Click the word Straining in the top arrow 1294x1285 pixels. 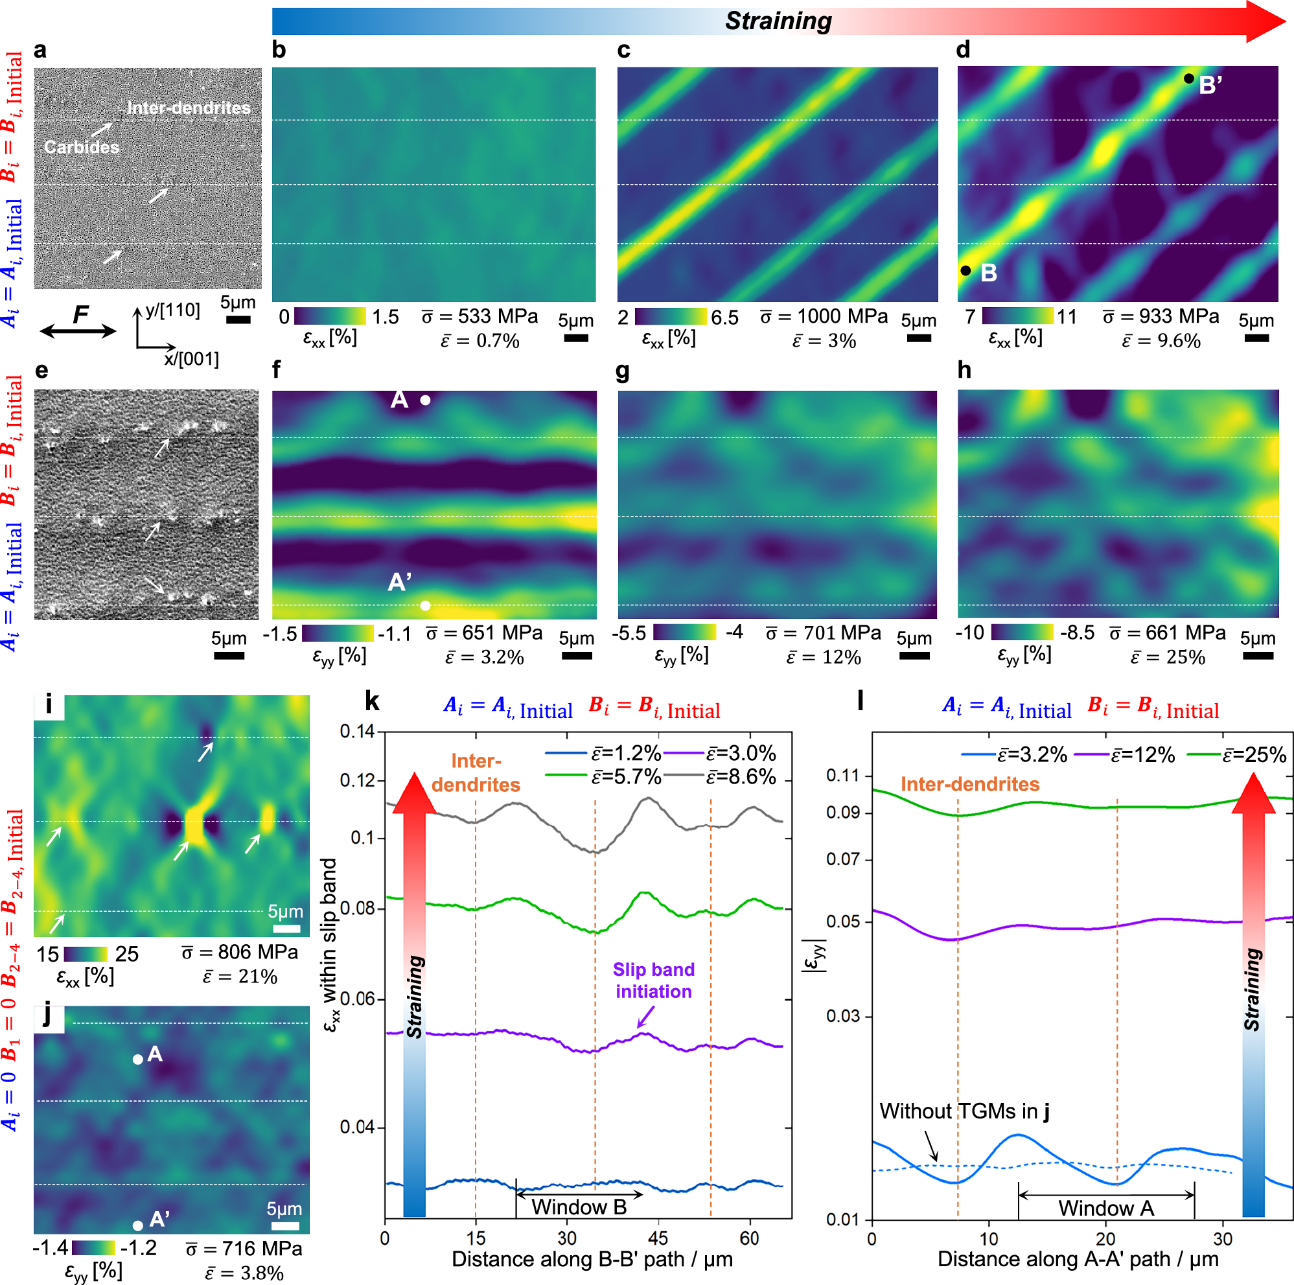(778, 21)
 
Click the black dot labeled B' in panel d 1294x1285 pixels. (1188, 78)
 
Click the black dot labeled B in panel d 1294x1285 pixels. (965, 271)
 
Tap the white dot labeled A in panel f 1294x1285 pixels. (425, 400)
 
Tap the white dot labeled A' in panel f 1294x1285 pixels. (425, 606)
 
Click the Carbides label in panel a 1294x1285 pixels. (81, 146)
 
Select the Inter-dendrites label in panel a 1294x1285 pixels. (188, 108)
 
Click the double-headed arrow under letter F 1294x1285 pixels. (78, 331)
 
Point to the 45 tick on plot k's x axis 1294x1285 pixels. (658, 1238)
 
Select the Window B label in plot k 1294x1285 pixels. (579, 1207)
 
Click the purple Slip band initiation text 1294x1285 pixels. (654, 980)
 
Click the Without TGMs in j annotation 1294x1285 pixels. (964, 1111)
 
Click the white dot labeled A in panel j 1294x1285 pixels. (137, 1059)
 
